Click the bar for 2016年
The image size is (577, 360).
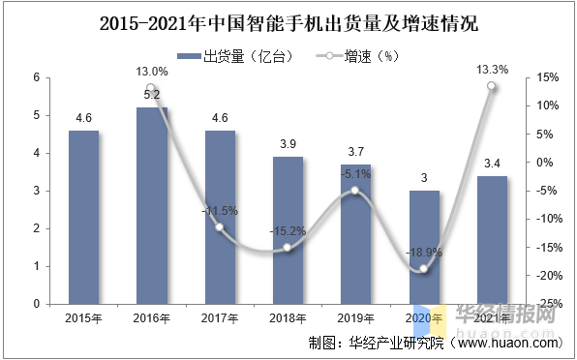[151, 205]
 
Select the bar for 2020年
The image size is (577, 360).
[423, 247]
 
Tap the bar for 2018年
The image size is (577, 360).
[288, 229]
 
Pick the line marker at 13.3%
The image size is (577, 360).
[491, 86]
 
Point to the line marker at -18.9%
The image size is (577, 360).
[423, 269]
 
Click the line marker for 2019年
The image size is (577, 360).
[355, 191]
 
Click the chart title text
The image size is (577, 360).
[288, 19]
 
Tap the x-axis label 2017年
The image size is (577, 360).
[220, 316]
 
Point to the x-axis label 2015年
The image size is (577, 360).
[83, 316]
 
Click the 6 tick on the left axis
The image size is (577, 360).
[36, 77]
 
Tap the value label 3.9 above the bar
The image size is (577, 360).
[288, 144]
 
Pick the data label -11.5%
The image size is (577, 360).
[220, 210]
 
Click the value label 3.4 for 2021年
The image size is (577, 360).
[491, 164]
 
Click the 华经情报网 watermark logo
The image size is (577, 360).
[494, 315]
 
